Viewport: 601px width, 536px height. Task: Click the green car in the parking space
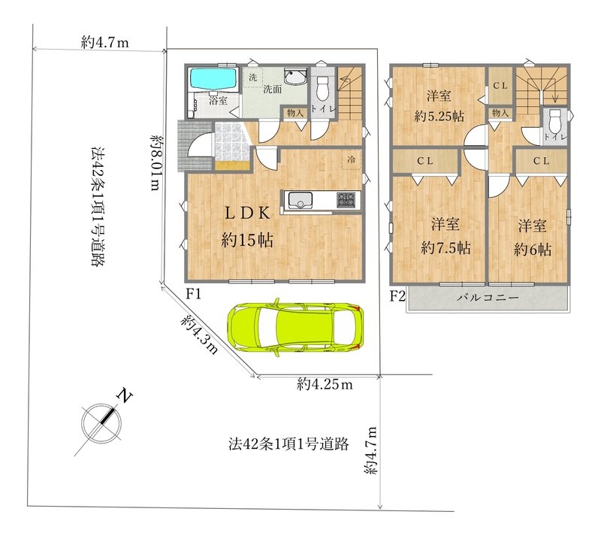(294, 327)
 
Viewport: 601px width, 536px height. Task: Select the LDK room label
(247, 213)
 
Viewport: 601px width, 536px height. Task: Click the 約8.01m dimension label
(156, 162)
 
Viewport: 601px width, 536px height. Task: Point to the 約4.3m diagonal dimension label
(199, 335)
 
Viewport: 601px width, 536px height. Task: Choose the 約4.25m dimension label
(325, 383)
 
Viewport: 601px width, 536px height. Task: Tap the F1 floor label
(193, 294)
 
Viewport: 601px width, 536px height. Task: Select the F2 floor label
(397, 296)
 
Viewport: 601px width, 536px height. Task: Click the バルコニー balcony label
(488, 298)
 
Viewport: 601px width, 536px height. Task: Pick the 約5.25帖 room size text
(439, 116)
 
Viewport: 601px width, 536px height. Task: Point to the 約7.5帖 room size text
(445, 248)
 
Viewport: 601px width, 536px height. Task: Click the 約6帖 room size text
(533, 250)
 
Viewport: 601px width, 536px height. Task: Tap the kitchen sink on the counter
(300, 200)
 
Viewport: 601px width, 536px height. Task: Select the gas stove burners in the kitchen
(346, 200)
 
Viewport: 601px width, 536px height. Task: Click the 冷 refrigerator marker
(351, 159)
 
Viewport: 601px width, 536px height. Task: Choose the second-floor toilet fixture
(554, 121)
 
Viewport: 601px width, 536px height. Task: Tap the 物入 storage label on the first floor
(295, 113)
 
